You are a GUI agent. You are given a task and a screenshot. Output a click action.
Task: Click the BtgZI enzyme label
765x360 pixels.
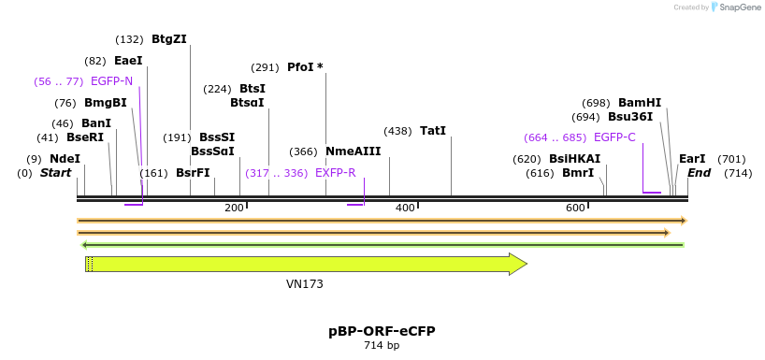tap(169, 39)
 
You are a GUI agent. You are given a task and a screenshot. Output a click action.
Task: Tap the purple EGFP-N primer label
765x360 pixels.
tap(111, 81)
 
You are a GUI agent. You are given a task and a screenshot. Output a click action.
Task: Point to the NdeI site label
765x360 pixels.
tap(65, 159)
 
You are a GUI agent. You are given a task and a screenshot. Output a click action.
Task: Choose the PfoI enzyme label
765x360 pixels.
tap(305, 67)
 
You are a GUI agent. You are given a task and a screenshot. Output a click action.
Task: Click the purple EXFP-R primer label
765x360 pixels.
tap(336, 173)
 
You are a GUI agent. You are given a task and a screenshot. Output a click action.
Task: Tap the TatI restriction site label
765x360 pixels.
tap(433, 131)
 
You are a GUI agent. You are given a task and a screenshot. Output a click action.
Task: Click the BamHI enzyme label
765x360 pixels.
tap(640, 103)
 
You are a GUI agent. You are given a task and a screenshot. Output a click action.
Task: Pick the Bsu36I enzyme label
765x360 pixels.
tap(630, 117)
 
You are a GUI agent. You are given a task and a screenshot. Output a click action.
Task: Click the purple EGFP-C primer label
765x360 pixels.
tap(614, 137)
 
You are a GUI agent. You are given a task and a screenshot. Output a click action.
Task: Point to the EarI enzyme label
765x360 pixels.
tap(692, 159)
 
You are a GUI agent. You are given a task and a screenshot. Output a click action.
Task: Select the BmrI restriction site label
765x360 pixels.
tap(578, 173)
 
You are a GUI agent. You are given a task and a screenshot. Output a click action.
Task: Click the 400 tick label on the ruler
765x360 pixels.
tap(405, 207)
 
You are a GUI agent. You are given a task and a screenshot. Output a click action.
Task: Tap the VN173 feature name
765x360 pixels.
tap(305, 283)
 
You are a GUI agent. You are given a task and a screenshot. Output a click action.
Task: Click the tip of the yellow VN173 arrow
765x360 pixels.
tap(526, 264)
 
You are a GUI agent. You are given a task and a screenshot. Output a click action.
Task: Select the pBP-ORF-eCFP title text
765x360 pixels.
tap(382, 331)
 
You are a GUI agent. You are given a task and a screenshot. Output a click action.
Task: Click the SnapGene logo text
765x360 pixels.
tap(739, 7)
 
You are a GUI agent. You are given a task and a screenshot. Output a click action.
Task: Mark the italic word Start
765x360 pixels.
tap(55, 173)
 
